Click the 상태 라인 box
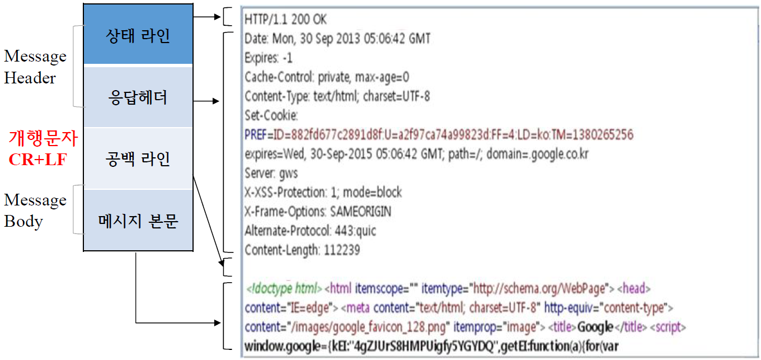pos(138,36)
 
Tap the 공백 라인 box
pos(138,159)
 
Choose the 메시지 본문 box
pos(138,221)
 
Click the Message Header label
pos(35,67)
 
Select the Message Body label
pos(35,211)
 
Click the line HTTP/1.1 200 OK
pos(285,20)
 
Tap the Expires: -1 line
pos(269,58)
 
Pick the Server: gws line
pos(271,173)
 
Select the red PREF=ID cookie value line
pos(439,135)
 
